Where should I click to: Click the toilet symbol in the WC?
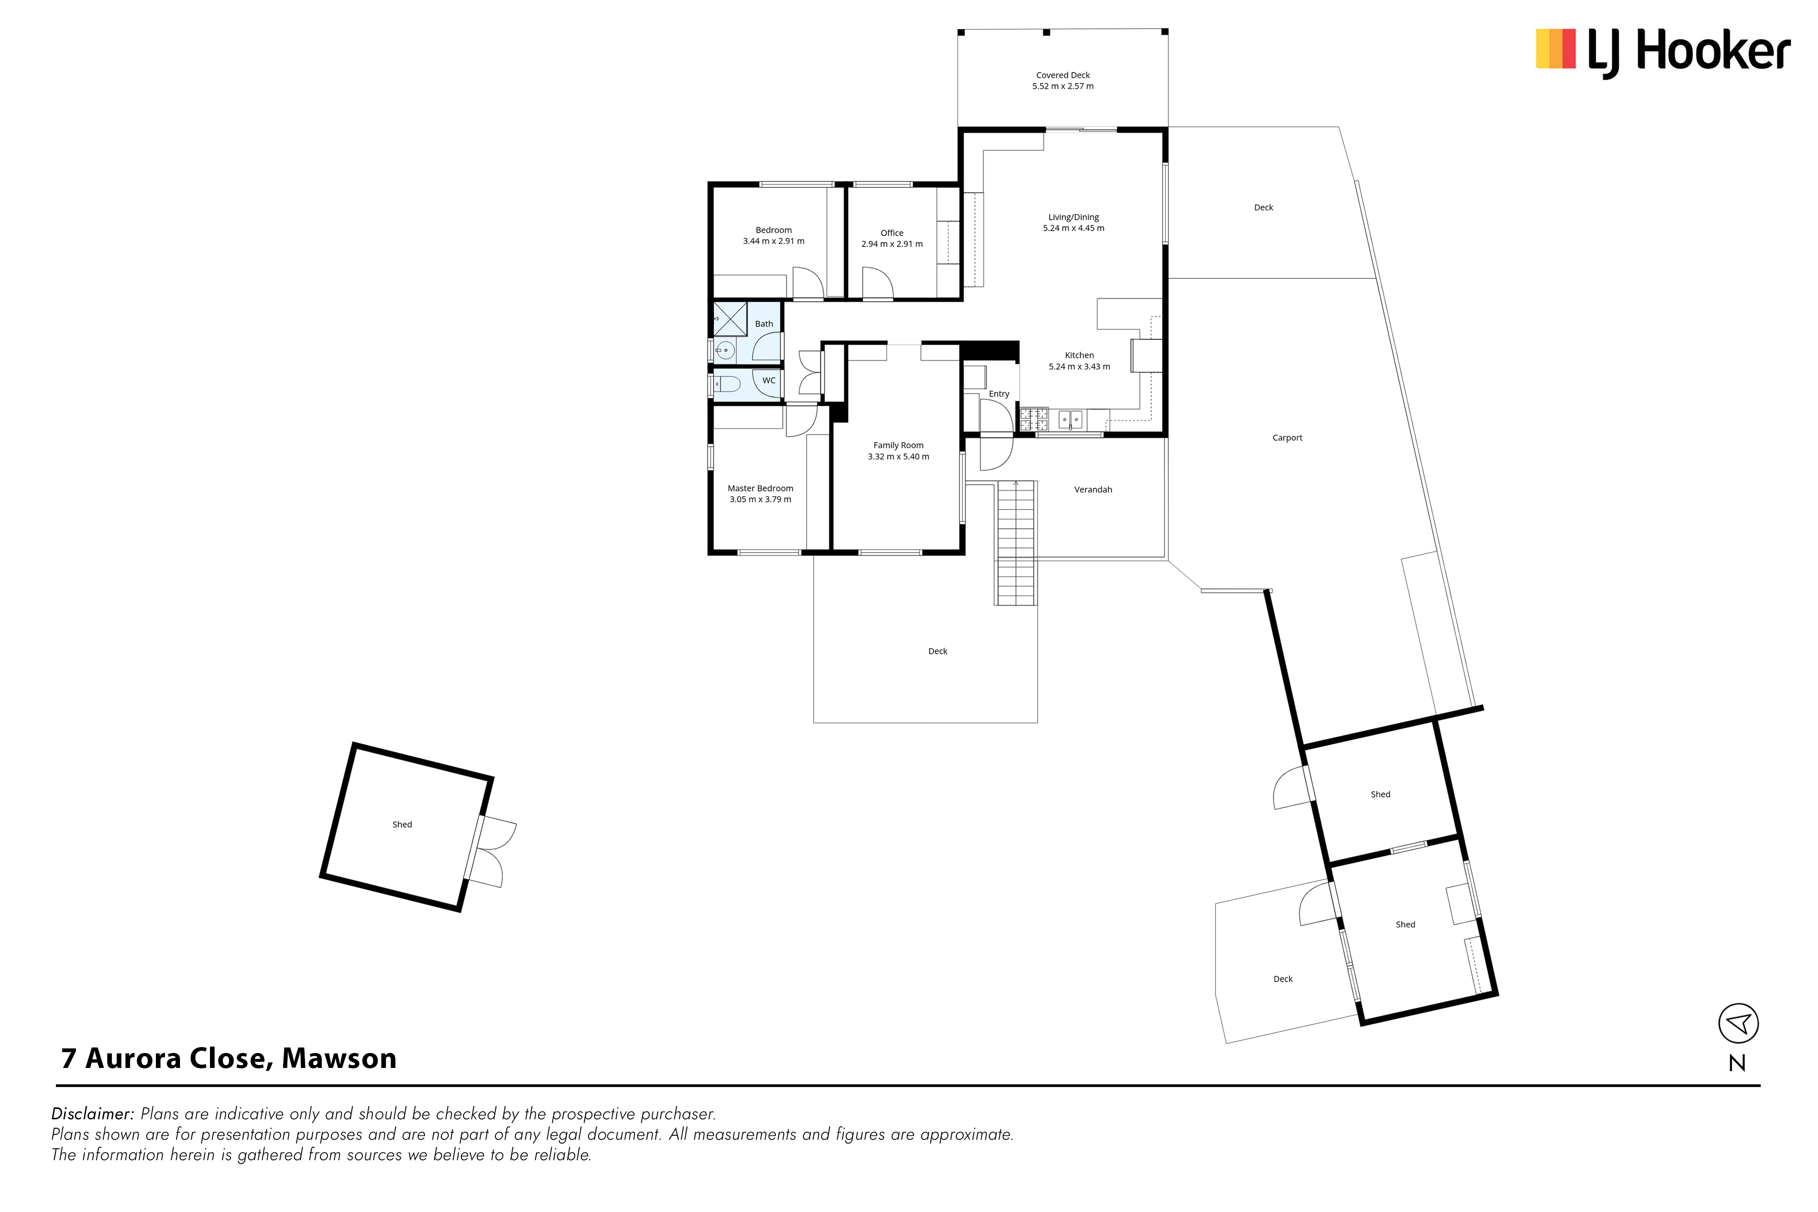[x=727, y=384]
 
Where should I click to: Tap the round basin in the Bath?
[x=725, y=350]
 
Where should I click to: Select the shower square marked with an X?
[x=729, y=319]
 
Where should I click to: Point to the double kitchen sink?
[x=1070, y=420]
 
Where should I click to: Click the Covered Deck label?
[x=1063, y=75]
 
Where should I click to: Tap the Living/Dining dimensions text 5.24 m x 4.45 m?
[x=1074, y=228]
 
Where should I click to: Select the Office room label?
[x=892, y=233]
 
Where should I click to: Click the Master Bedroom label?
[x=760, y=489]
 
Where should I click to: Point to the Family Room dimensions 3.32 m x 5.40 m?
[x=898, y=457]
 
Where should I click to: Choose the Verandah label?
[x=1093, y=489]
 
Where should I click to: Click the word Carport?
[x=1287, y=438]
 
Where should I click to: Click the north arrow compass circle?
[x=1738, y=1023]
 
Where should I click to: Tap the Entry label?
[x=999, y=394]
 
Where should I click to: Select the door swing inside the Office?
[x=877, y=283]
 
